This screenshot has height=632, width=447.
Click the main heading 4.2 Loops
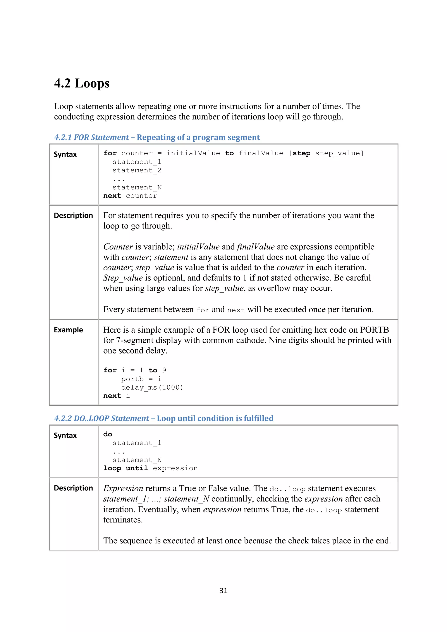[x=82, y=83]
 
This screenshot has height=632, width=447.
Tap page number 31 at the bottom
[x=223, y=591]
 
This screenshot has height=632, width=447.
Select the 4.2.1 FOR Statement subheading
[x=157, y=137]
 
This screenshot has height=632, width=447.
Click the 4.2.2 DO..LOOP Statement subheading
[x=163, y=418]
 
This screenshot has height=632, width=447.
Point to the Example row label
[x=68, y=330]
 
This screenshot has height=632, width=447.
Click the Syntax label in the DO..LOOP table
[x=65, y=435]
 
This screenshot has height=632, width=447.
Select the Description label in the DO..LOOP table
[x=73, y=488]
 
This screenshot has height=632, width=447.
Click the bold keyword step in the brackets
[x=301, y=153]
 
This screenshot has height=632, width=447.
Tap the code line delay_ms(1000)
[x=152, y=387]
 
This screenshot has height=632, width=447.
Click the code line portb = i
[x=141, y=379]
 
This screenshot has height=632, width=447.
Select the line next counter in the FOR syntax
[x=130, y=196]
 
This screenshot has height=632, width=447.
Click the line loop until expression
[x=150, y=468]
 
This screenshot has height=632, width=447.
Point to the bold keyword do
[x=108, y=434]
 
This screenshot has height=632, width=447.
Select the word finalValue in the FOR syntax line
[x=261, y=153]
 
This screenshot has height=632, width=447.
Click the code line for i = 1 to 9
[x=135, y=370]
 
